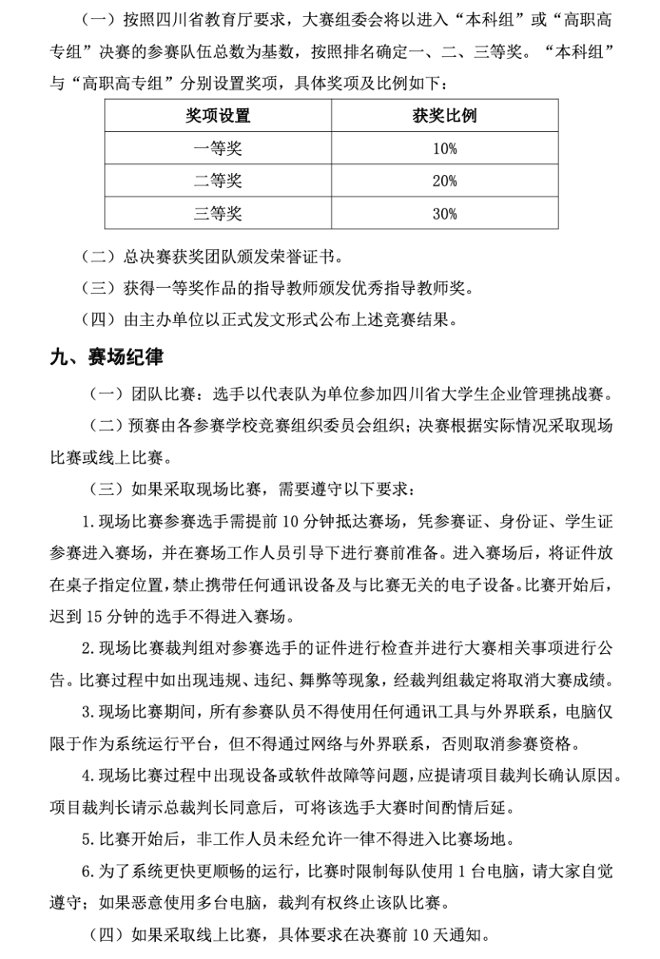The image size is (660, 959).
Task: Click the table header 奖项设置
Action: pyautogui.click(x=218, y=116)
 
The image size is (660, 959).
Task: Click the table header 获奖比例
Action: pyautogui.click(x=444, y=116)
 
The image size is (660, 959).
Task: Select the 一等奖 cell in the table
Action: pyautogui.click(x=218, y=149)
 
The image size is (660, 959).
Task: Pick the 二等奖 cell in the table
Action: pyautogui.click(x=218, y=181)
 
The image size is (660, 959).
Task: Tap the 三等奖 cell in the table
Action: pyautogui.click(x=218, y=213)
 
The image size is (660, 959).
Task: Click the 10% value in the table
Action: pyautogui.click(x=444, y=149)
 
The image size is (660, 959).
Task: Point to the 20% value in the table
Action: pyautogui.click(x=444, y=181)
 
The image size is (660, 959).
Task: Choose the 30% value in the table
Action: pyautogui.click(x=444, y=213)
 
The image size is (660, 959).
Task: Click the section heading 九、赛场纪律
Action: pyautogui.click(x=106, y=358)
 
